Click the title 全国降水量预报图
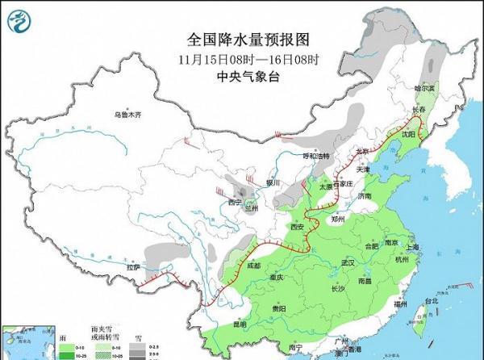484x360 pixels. (248, 39)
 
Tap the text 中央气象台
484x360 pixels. (248, 77)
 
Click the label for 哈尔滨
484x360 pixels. (423, 87)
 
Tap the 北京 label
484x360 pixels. (362, 151)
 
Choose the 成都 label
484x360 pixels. (254, 265)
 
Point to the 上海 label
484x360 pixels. (412, 247)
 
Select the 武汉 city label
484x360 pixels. (348, 263)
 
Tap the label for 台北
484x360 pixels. (431, 301)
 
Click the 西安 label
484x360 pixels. (296, 227)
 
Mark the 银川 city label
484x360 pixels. (272, 183)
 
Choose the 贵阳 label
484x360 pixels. (278, 308)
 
